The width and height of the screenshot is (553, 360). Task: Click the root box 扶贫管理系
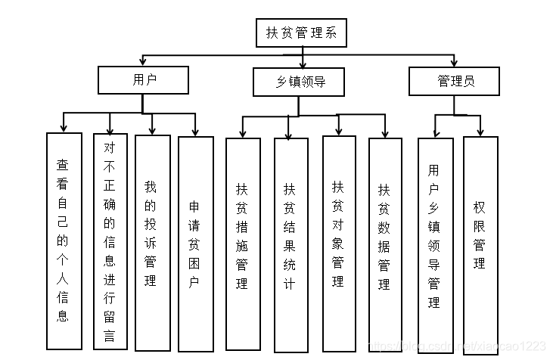click(x=301, y=33)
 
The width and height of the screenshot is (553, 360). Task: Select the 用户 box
click(x=143, y=80)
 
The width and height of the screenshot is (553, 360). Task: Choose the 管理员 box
click(x=454, y=81)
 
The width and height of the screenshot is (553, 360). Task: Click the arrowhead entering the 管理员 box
click(x=454, y=63)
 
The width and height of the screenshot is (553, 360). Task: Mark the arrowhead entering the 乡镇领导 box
click(x=303, y=64)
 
